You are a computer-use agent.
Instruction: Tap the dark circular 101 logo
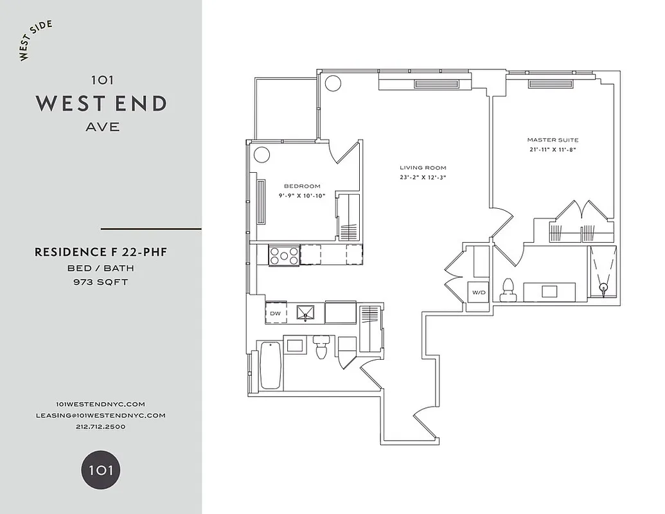click(x=101, y=469)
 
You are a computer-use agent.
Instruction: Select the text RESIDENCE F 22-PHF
click(x=101, y=253)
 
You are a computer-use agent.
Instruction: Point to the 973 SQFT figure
click(x=101, y=281)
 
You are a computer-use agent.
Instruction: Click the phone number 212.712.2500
click(x=101, y=426)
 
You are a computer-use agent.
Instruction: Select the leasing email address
click(x=101, y=415)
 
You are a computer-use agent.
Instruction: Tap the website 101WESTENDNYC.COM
click(x=101, y=403)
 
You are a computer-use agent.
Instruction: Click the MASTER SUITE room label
click(x=553, y=140)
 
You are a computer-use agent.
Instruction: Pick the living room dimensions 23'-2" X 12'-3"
click(x=422, y=177)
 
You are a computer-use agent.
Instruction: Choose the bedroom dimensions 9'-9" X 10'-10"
click(x=302, y=195)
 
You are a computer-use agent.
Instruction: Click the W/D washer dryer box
click(x=479, y=293)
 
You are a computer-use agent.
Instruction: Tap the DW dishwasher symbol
click(x=276, y=313)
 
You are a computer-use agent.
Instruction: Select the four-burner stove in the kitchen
click(x=283, y=255)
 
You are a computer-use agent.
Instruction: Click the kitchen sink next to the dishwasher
click(x=307, y=313)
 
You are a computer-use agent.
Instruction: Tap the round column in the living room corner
click(x=332, y=83)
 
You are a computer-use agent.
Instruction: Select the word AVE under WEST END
click(x=102, y=127)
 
